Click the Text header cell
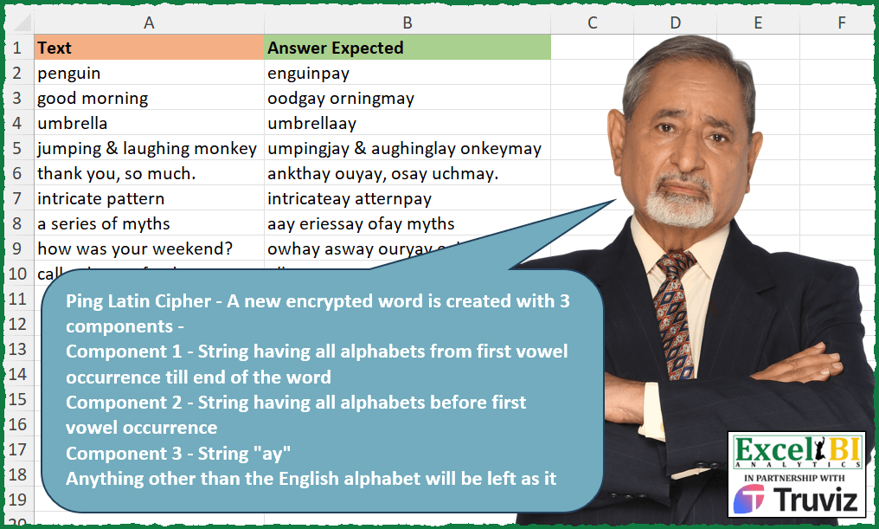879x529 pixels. [148, 48]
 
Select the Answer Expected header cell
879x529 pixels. [407, 48]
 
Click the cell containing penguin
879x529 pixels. [148, 74]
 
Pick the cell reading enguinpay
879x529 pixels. [407, 74]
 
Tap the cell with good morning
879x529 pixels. [148, 99]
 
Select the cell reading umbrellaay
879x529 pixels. [407, 124]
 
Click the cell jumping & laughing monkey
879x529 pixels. [148, 149]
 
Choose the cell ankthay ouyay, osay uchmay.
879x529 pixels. [407, 174]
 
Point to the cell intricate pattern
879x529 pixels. [148, 199]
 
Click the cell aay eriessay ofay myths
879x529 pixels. [407, 224]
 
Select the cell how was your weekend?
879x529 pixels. [148, 249]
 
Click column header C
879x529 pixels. [593, 23]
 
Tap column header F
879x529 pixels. [841, 23]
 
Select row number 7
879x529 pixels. [17, 199]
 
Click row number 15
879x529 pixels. [17, 399]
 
